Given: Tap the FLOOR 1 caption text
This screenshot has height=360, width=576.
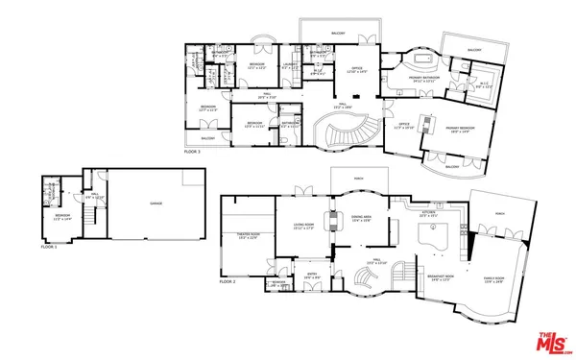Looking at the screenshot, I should (x=49, y=247).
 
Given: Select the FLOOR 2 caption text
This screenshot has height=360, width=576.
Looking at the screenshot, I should (x=228, y=282).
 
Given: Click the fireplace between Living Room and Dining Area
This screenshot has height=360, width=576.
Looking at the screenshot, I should (x=333, y=219).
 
